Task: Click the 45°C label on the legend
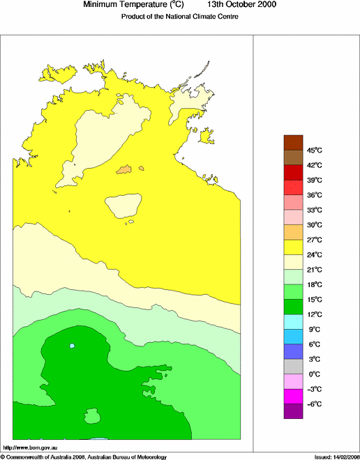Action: click(315, 150)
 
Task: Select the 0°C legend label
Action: click(314, 374)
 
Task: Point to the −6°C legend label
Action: click(314, 404)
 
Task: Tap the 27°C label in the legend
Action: click(315, 240)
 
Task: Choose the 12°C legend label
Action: click(315, 314)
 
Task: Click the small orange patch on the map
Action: click(126, 169)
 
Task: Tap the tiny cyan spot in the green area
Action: click(72, 346)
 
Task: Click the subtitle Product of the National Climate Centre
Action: click(179, 17)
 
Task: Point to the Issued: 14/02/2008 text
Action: click(336, 457)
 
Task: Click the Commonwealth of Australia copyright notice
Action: click(84, 457)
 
